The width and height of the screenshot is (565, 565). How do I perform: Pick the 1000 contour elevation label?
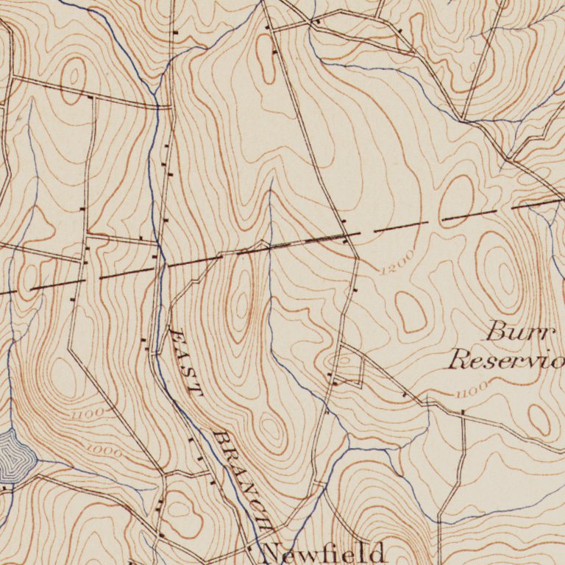point(103,450)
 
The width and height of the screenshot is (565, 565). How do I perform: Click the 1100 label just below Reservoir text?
point(471,389)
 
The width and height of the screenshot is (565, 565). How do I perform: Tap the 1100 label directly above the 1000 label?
point(88,414)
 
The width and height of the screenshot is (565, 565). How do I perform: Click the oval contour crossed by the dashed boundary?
point(456,200)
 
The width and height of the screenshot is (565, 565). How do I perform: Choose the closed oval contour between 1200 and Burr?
point(411,310)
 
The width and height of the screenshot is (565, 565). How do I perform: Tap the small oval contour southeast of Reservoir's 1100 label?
point(539,419)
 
